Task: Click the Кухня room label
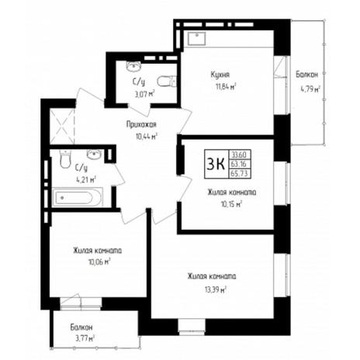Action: click(220, 75)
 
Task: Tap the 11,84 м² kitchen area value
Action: click(227, 86)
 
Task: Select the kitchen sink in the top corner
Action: click(196, 38)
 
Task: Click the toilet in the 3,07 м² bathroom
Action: click(167, 81)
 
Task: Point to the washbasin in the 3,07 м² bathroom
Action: click(133, 66)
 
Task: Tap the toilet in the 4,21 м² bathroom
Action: click(65, 159)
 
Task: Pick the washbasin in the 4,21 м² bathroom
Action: click(94, 154)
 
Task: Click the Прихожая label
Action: click(141, 125)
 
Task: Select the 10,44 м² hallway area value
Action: click(147, 137)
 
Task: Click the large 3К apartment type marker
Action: click(216, 164)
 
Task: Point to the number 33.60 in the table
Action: click(239, 155)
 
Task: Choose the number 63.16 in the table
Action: click(239, 164)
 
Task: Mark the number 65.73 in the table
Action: click(239, 174)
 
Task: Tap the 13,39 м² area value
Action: click(216, 289)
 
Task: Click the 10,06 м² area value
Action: click(99, 262)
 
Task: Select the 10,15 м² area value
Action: click(231, 204)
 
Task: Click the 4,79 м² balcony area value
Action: click(310, 89)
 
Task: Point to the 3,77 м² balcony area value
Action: click(84, 337)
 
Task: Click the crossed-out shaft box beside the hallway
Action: click(62, 126)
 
